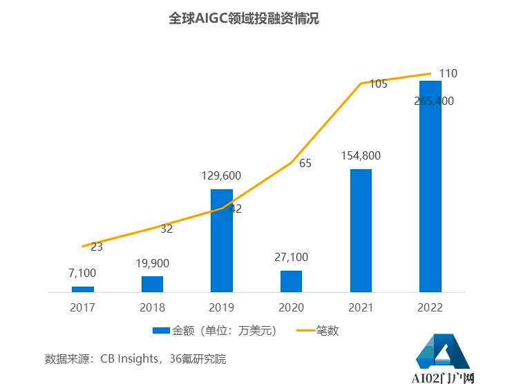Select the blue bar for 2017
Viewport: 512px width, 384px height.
pyautogui.click(x=83, y=289)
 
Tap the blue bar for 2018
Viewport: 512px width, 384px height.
pyautogui.click(x=152, y=284)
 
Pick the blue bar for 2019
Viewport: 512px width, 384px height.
pyautogui.click(x=222, y=240)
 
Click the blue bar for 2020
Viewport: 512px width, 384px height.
pyautogui.click(x=291, y=281)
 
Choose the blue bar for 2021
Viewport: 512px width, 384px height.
pyautogui.click(x=361, y=231)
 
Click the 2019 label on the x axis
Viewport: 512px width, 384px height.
pyautogui.click(x=222, y=307)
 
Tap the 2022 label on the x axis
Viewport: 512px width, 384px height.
pyautogui.click(x=430, y=307)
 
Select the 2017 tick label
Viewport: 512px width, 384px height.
pyautogui.click(x=83, y=307)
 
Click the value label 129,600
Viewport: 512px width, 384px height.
pyautogui.click(x=222, y=175)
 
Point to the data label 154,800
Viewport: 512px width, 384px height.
pyautogui.click(x=361, y=156)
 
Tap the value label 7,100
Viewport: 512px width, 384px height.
pyautogui.click(x=83, y=273)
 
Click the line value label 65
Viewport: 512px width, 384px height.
pyautogui.click(x=305, y=164)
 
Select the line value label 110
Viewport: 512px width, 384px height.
pyautogui.click(x=448, y=73)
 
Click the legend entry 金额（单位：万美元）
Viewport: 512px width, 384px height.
pyautogui.click(x=216, y=331)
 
